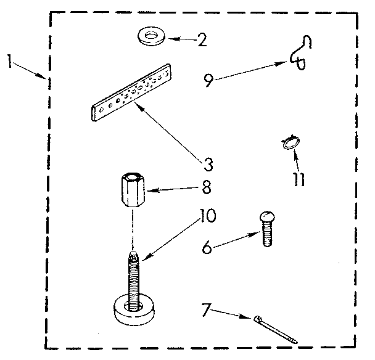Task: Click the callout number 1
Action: point(7,62)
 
